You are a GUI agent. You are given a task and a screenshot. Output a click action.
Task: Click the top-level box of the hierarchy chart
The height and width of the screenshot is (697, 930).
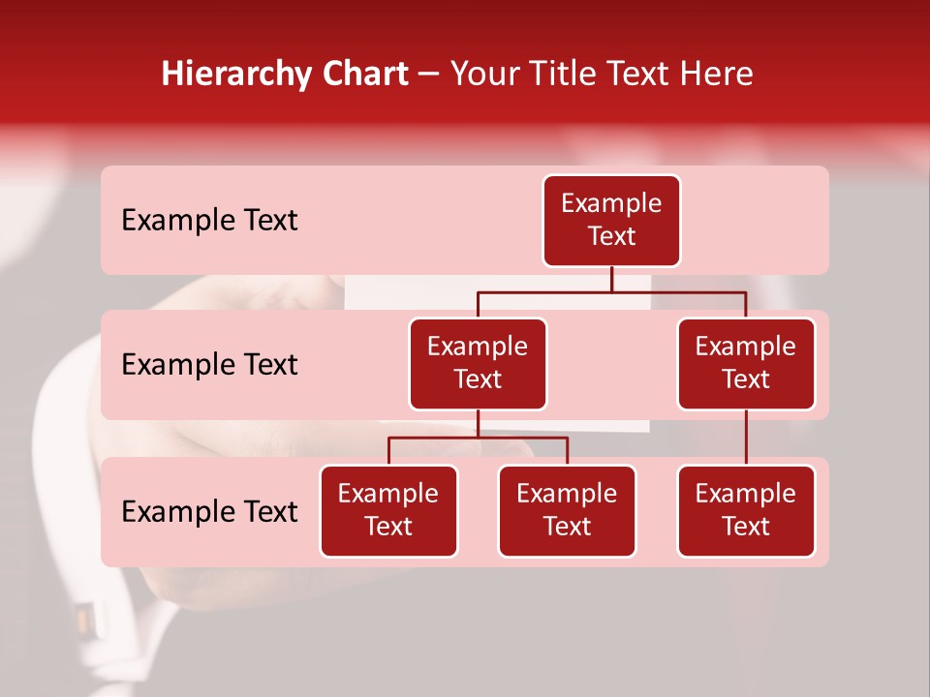(x=611, y=221)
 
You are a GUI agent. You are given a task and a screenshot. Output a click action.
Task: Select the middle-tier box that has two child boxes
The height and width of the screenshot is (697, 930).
(x=478, y=364)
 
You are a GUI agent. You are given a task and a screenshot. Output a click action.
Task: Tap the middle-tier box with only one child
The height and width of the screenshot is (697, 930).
(x=746, y=364)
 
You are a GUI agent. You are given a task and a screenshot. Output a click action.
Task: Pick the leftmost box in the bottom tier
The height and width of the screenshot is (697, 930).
(x=388, y=511)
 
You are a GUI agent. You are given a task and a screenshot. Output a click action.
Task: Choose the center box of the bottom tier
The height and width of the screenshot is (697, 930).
(x=567, y=511)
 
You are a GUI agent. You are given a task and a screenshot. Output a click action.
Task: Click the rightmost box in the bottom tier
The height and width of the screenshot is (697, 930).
(x=746, y=511)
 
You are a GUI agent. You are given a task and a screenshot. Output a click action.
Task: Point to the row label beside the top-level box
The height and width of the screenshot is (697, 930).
(x=209, y=221)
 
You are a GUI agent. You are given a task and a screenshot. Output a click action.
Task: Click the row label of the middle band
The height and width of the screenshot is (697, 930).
(x=209, y=365)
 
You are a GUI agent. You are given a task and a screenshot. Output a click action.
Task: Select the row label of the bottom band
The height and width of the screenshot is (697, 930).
(x=209, y=512)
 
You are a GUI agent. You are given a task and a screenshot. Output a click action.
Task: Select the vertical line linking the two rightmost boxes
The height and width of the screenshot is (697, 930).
(x=746, y=438)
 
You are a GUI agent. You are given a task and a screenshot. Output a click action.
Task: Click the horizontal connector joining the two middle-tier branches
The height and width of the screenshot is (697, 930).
(x=611, y=291)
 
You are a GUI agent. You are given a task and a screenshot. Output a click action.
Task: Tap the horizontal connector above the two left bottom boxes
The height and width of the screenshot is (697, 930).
(x=478, y=438)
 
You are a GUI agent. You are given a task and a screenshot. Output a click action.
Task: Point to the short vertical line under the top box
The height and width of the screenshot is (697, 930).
(x=611, y=279)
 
